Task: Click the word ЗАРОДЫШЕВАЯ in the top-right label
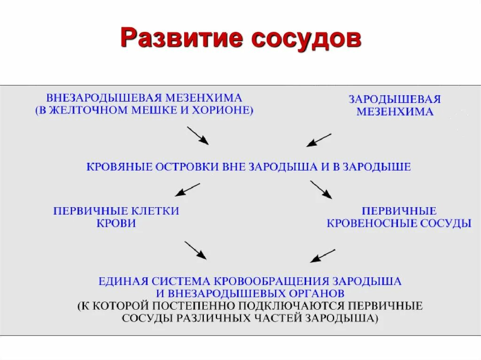[x=395, y=100]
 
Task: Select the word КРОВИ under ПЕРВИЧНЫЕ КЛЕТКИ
[x=116, y=223]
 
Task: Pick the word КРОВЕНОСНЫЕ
[x=374, y=223]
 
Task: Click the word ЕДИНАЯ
[x=123, y=282]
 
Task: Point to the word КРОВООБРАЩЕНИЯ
[x=272, y=282]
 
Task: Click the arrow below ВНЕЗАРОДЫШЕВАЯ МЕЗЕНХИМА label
[x=197, y=135]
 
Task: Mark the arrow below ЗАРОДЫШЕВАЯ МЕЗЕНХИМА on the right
[x=319, y=140]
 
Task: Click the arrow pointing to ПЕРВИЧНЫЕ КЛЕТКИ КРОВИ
[x=187, y=189]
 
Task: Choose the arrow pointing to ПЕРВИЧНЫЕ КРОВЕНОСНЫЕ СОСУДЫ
[x=321, y=190]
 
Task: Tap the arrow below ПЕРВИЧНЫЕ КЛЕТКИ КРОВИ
[x=195, y=250]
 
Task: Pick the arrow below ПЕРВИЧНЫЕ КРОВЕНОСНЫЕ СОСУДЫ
[x=323, y=255]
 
